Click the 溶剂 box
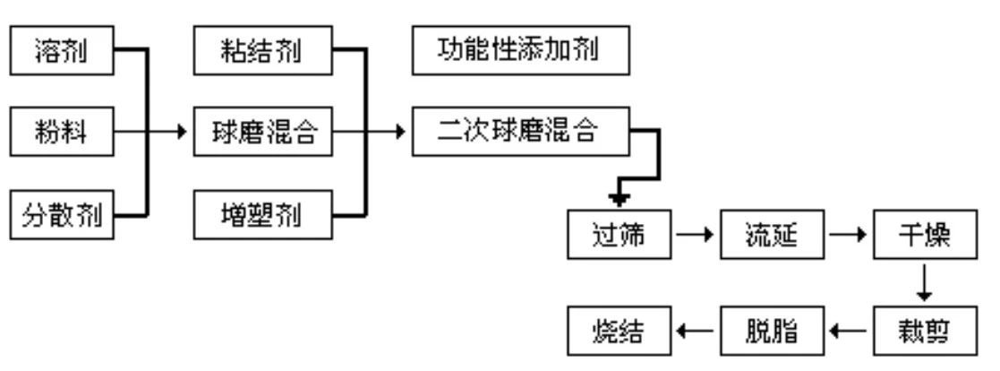(x=62, y=52)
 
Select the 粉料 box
(x=62, y=134)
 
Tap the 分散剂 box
(x=62, y=216)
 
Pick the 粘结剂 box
(x=261, y=52)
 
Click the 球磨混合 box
(x=261, y=134)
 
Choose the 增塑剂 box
(x=261, y=216)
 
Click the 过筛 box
(x=619, y=237)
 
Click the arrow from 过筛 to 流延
(x=694, y=237)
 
